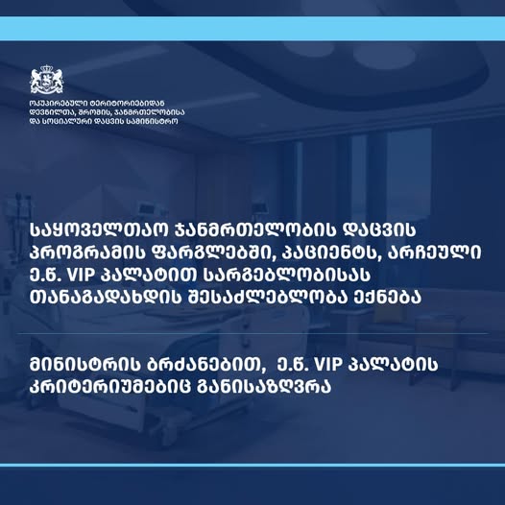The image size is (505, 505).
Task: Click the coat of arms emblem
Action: pyautogui.click(x=47, y=80)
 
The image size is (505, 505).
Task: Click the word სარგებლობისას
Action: pyautogui.click(x=287, y=275)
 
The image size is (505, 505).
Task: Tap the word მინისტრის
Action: pyautogui.click(x=85, y=365)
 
